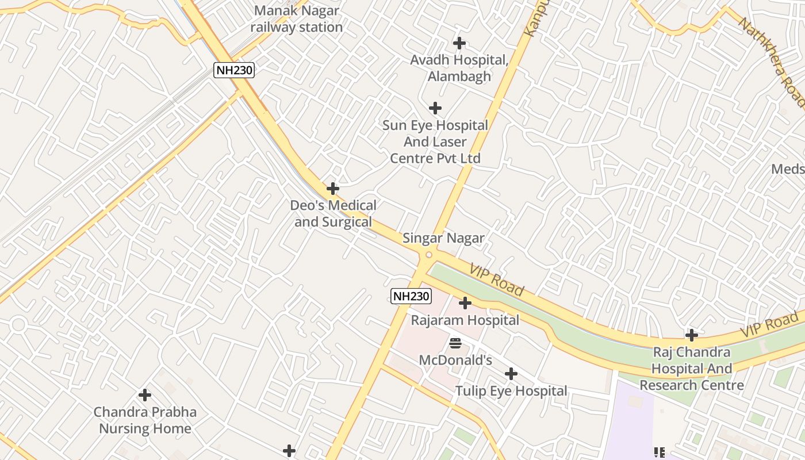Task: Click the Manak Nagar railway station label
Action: click(297, 19)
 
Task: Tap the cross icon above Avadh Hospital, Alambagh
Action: click(459, 43)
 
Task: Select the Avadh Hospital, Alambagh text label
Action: click(459, 68)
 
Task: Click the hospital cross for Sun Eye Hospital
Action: click(435, 108)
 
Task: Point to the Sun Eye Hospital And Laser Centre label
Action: click(435, 141)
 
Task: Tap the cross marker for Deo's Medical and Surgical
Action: click(332, 189)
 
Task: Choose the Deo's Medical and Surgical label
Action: click(333, 213)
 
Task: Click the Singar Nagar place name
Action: click(443, 238)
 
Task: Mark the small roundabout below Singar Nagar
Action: click(428, 255)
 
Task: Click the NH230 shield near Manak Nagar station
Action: click(234, 70)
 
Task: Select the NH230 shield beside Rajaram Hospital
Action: click(411, 296)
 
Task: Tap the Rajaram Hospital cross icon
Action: click(465, 303)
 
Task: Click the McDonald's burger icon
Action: click(455, 344)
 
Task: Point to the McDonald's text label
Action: click(455, 361)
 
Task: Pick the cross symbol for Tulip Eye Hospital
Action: click(511, 374)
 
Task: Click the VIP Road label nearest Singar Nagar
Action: click(496, 280)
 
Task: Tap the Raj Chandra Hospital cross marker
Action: click(692, 335)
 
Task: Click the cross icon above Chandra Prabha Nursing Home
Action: click(145, 395)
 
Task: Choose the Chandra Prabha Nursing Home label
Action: click(145, 420)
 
